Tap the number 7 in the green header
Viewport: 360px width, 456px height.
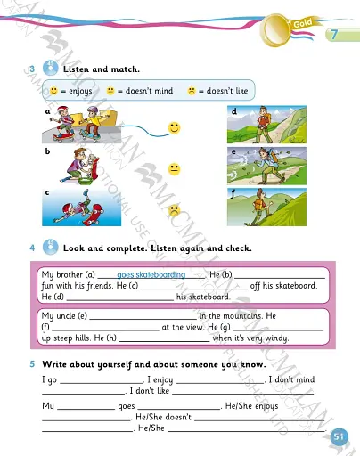point(333,36)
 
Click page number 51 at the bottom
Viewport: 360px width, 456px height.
point(339,436)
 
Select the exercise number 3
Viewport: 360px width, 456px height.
point(31,69)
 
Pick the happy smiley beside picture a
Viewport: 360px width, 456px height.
point(175,128)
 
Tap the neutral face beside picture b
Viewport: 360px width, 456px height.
point(175,168)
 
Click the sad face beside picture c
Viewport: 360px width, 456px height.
point(175,211)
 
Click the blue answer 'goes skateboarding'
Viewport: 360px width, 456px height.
point(151,275)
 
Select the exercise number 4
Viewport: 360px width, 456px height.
point(31,248)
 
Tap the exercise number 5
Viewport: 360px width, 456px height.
point(31,364)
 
